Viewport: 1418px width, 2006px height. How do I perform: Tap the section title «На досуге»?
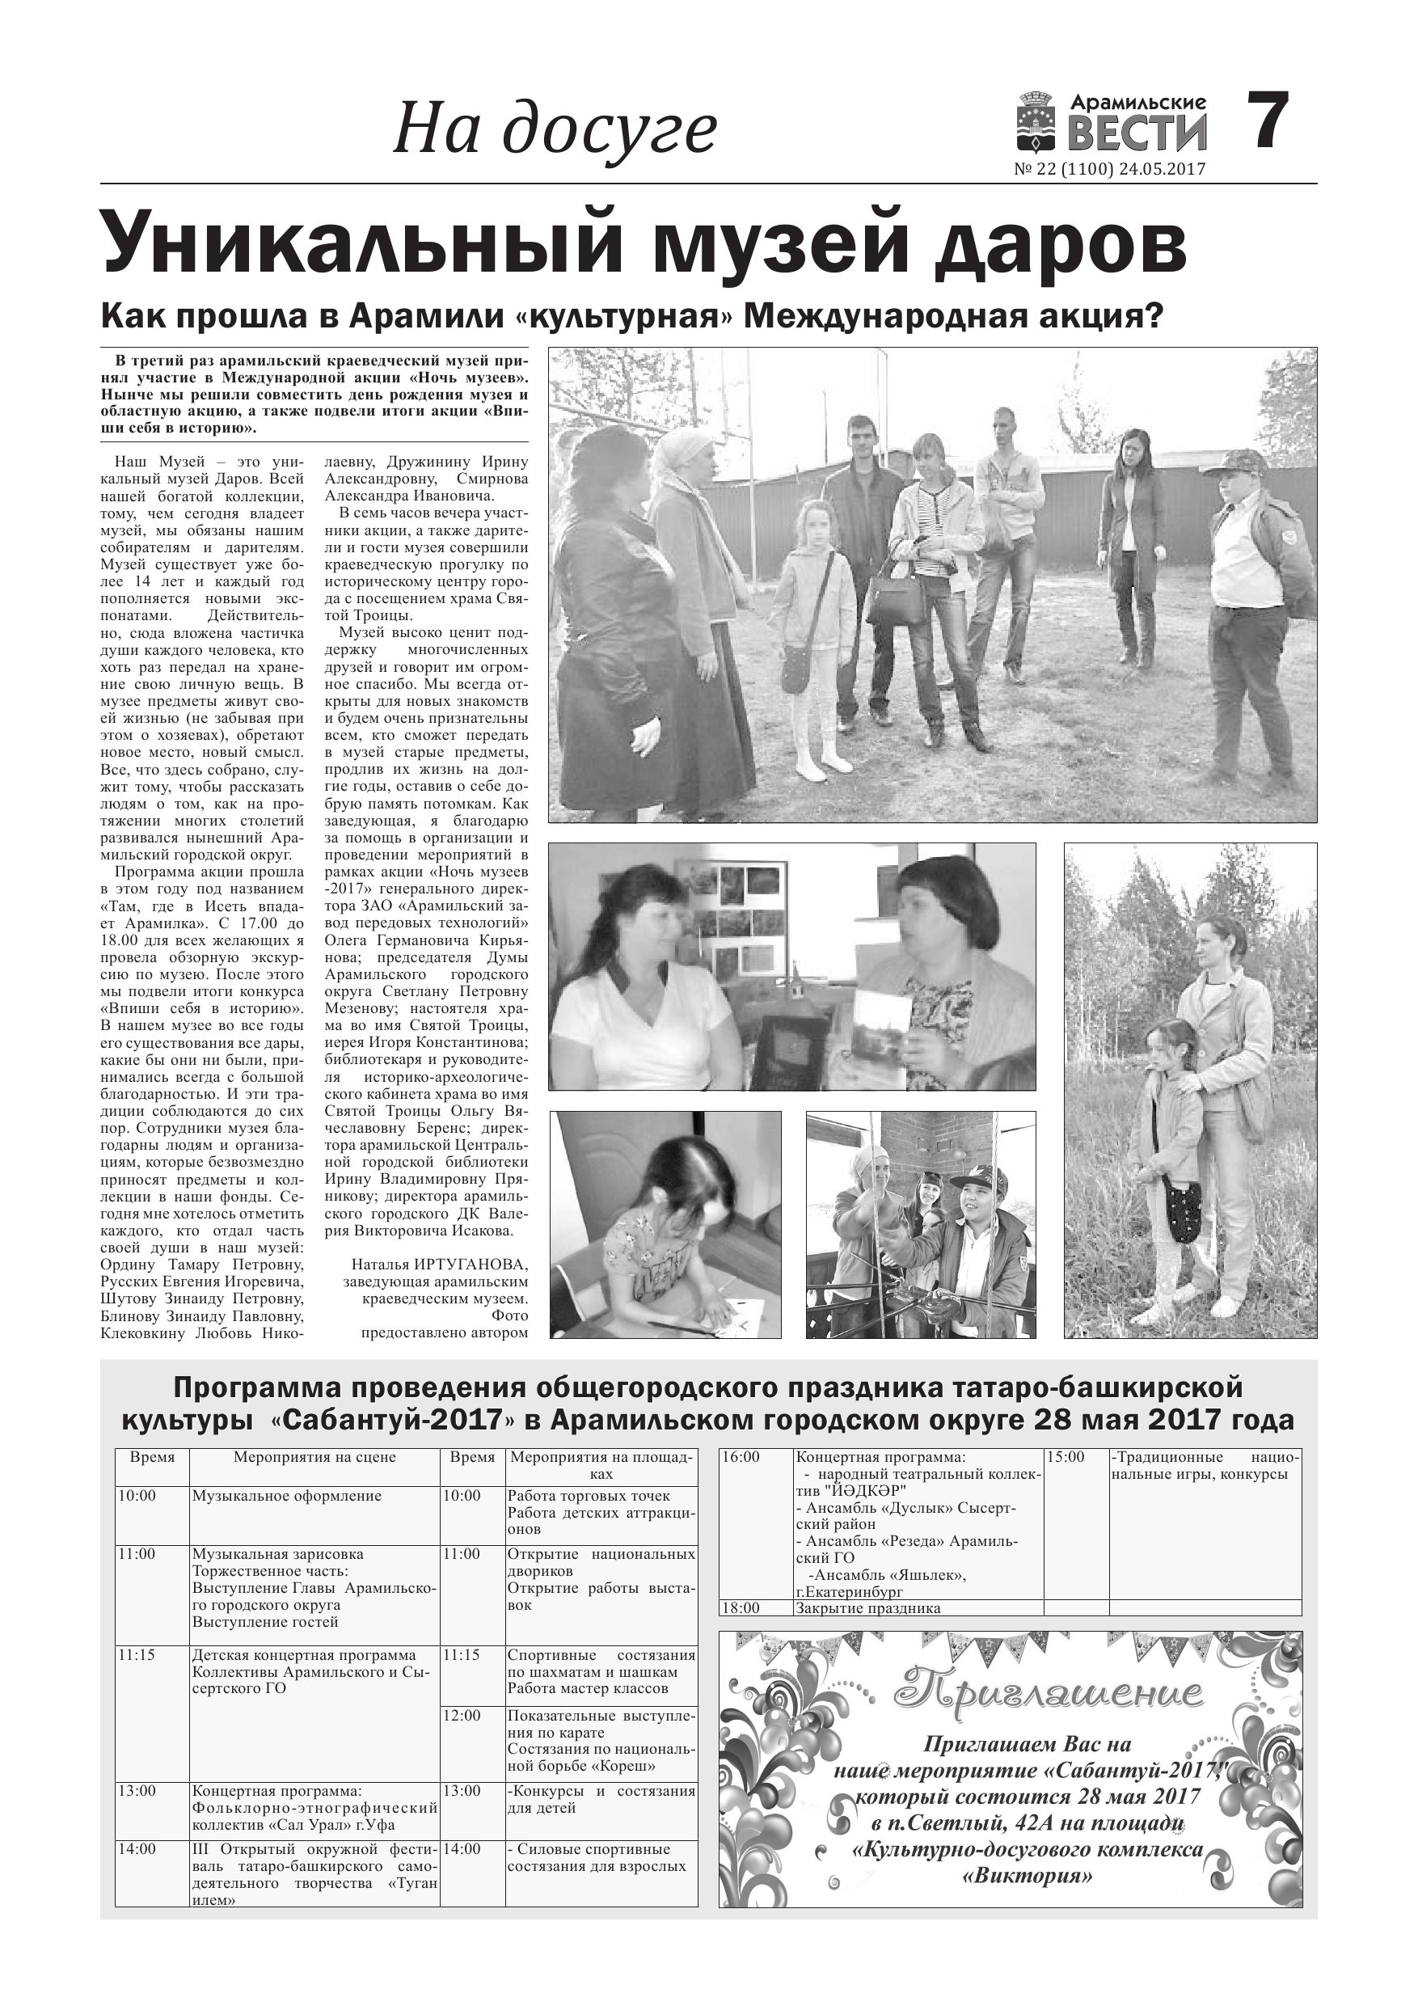(555, 130)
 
